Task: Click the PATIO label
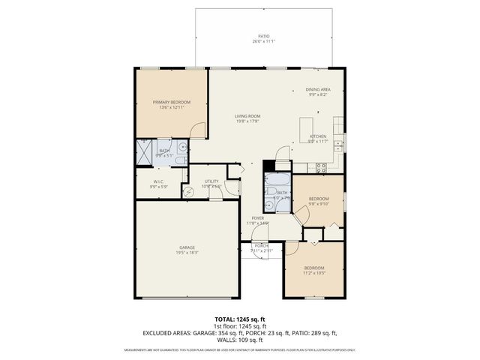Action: pos(263,35)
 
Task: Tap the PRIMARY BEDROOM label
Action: pos(172,102)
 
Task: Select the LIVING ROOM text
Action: pos(247,115)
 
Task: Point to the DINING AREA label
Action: pos(319,89)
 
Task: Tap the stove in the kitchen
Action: pos(321,167)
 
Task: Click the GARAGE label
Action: pos(187,247)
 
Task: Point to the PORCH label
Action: pos(262,246)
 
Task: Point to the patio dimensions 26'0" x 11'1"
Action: pos(263,41)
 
